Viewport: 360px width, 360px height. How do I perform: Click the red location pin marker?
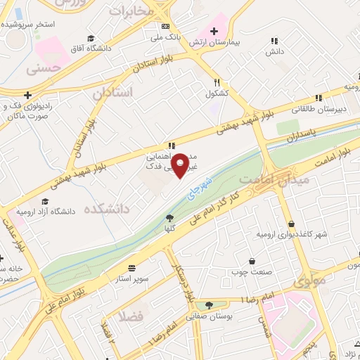tap(181, 166)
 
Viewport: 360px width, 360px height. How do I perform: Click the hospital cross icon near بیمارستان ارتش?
tap(214, 31)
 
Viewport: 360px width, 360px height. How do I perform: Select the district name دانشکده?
tap(107, 209)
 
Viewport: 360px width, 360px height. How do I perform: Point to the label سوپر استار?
tap(132, 278)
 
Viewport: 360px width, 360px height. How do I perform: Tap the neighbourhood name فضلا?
tap(131, 316)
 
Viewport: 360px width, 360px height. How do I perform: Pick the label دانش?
tap(274, 51)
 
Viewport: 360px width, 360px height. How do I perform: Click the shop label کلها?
tap(169, 229)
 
